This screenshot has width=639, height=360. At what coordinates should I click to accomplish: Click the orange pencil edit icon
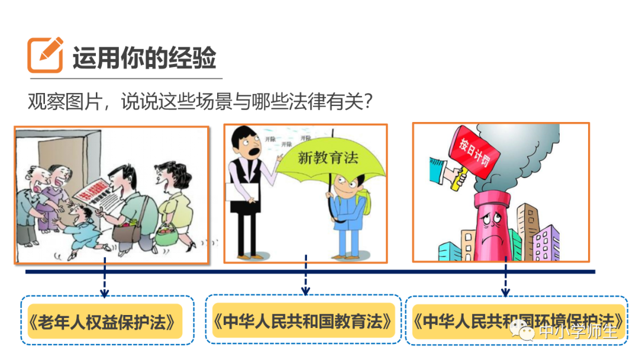coord(45,54)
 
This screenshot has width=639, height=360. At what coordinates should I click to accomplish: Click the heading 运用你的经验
coord(144,58)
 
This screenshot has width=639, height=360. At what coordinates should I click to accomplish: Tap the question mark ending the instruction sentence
coord(367,103)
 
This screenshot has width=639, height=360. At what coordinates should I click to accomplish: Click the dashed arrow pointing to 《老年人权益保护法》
coord(104,278)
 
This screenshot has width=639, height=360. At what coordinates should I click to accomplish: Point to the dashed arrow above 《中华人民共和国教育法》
coord(305,276)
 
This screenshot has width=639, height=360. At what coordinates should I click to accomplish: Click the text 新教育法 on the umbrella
coord(328,157)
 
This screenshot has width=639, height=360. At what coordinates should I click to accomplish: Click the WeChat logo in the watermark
coord(524,331)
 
